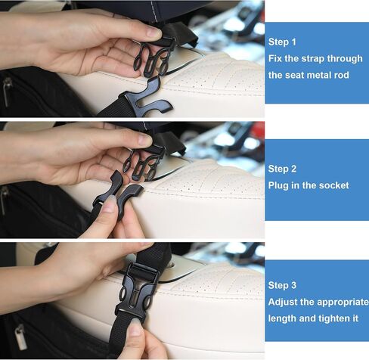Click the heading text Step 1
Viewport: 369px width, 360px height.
(x=282, y=42)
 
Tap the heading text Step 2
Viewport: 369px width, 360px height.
(x=282, y=169)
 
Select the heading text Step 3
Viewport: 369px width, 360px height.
(x=282, y=285)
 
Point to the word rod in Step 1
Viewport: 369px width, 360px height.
(x=341, y=75)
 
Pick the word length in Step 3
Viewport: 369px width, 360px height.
(x=282, y=319)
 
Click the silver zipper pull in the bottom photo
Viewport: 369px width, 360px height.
(x=21, y=337)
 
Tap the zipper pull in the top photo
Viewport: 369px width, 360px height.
(x=8, y=92)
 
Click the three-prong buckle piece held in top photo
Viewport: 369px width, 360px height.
(x=153, y=58)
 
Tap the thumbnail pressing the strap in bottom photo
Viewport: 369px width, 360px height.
(x=135, y=327)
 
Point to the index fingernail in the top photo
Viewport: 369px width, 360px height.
(x=153, y=33)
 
